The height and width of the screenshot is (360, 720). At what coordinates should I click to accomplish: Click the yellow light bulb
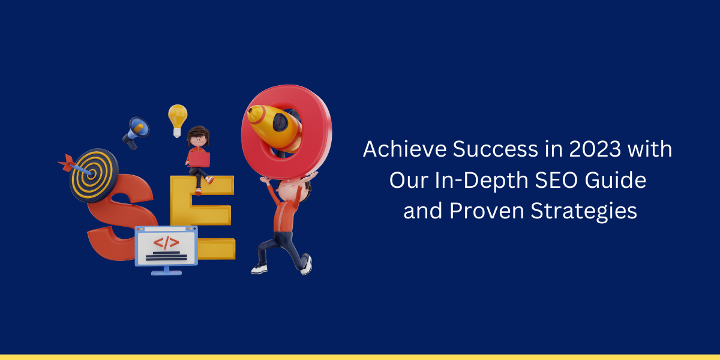click(x=178, y=120)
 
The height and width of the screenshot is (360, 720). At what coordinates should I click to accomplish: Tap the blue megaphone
click(x=136, y=132)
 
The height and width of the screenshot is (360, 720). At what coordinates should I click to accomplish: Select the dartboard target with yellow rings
click(x=94, y=175)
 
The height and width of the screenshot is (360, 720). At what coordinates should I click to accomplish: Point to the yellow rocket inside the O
click(x=275, y=128)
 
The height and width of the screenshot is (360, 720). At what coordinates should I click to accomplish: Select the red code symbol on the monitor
click(x=166, y=242)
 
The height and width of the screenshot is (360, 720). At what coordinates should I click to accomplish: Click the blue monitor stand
click(x=166, y=271)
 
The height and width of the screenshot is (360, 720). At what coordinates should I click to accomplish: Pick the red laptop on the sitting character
click(x=199, y=160)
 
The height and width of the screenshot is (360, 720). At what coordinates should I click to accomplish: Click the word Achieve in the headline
click(x=404, y=149)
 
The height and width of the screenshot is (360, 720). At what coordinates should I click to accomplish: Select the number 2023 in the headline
click(x=595, y=149)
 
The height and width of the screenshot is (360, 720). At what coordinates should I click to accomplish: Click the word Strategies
click(x=584, y=211)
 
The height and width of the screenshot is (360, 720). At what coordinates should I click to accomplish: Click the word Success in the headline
click(x=496, y=149)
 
